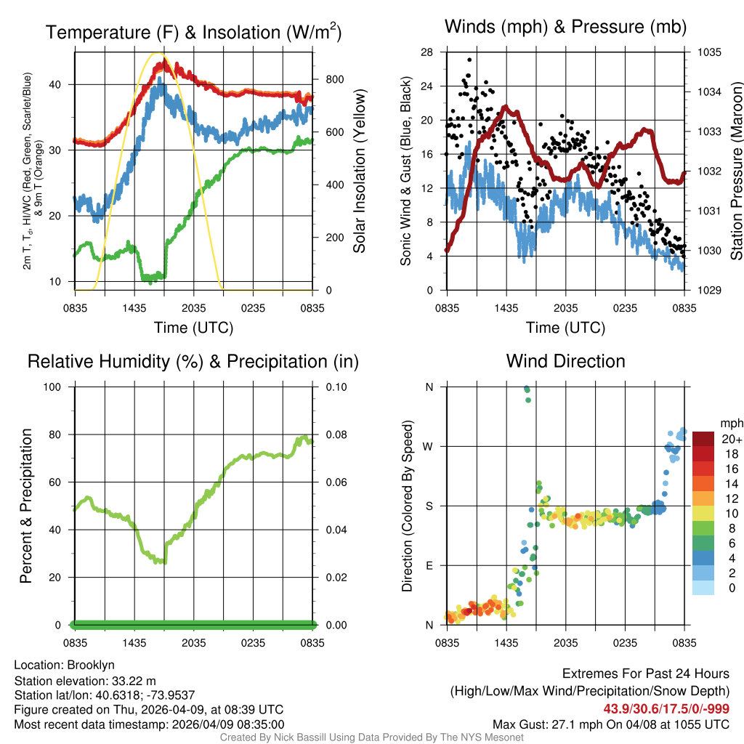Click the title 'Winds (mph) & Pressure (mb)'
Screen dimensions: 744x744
coord(565,28)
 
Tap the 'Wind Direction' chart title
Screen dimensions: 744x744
coord(565,361)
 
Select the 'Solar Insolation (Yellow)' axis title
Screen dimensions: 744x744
coord(360,171)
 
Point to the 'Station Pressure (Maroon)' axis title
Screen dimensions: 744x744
coord(735,171)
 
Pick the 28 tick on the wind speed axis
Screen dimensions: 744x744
coord(426,52)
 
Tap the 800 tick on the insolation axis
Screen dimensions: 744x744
coord(328,79)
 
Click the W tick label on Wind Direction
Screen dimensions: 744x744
coord(429,446)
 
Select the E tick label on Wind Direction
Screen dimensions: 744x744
coord(429,565)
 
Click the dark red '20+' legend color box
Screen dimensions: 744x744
coord(705,439)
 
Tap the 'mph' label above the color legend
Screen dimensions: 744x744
coord(730,423)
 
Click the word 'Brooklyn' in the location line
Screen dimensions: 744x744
coord(91,665)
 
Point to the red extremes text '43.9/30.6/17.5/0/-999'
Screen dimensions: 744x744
coord(666,708)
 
